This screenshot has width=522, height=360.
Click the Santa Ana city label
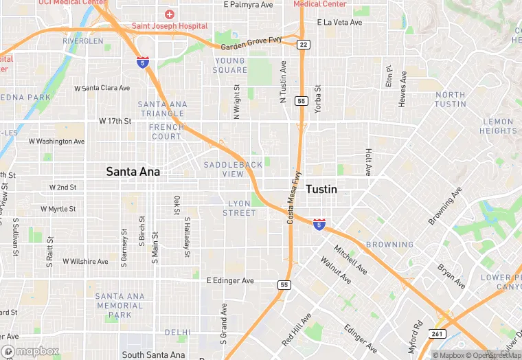point(133,172)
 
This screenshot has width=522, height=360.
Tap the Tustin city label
point(321,189)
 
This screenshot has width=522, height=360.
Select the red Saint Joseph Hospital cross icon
point(169,14)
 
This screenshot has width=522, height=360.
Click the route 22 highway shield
point(303,45)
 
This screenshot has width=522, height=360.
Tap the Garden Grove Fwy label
point(251,44)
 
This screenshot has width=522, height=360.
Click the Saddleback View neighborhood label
point(233,169)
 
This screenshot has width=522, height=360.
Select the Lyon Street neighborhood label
point(239,208)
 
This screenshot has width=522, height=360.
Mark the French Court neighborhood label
point(166,132)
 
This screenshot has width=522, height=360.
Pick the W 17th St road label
point(115,121)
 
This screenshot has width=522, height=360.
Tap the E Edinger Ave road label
point(230,281)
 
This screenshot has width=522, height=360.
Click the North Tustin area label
point(450,100)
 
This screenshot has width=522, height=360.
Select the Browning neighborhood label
point(389,245)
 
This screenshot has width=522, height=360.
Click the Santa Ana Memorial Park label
point(120,306)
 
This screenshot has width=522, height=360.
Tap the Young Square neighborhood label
point(229,65)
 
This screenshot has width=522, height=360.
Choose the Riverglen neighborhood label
point(82,41)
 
